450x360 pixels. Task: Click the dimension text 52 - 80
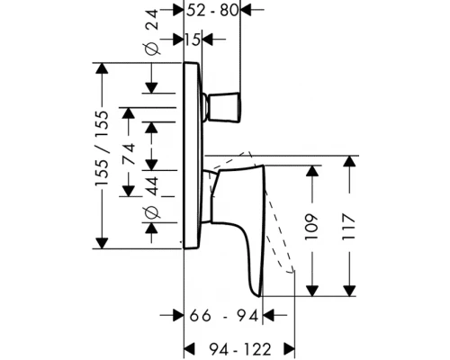click(212, 11)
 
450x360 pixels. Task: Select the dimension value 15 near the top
click(192, 40)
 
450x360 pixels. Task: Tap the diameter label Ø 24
click(152, 32)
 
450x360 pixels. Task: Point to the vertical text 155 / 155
click(102, 148)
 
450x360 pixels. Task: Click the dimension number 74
click(130, 154)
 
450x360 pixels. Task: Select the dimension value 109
click(311, 227)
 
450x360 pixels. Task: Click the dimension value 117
click(348, 227)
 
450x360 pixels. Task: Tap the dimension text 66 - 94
click(224, 316)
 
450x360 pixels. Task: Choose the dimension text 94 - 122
click(240, 349)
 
